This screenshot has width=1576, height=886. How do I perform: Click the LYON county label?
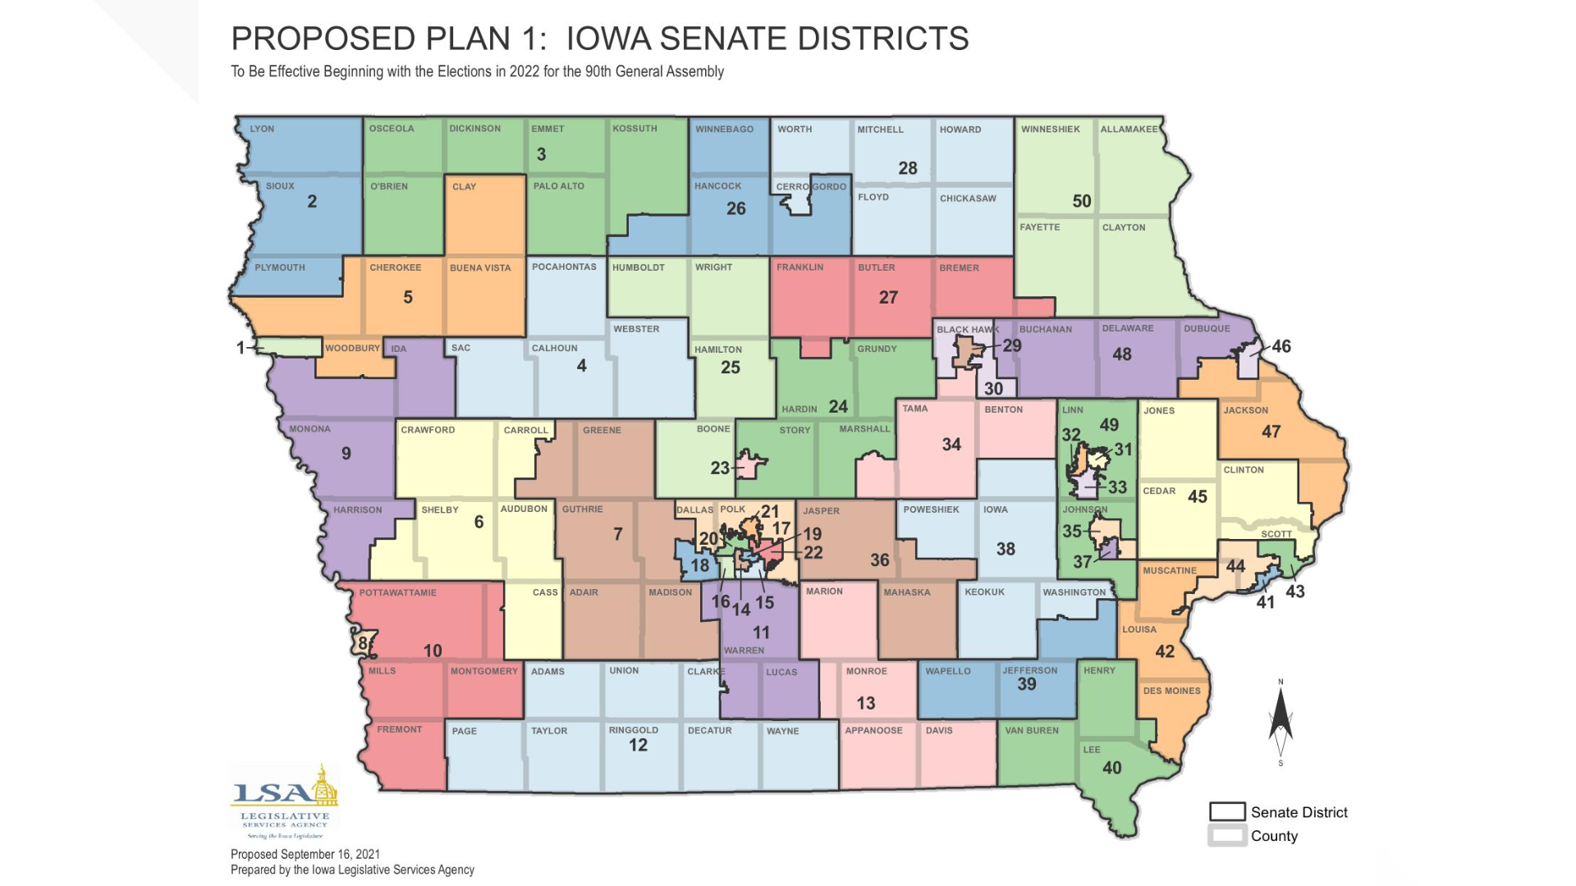pos(262,129)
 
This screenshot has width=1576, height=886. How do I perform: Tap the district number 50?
pos(1081,201)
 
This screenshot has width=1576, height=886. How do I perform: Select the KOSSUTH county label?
pos(634,129)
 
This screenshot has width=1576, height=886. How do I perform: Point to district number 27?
pos(888,297)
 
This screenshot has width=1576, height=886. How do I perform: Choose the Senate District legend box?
pos(1227,811)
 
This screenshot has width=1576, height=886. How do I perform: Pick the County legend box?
pos(1227,836)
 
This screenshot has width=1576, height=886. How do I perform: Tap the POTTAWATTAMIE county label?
pos(397,592)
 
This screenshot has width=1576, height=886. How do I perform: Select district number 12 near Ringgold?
pos(638,745)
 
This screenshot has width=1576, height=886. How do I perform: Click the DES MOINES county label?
pos(1171,691)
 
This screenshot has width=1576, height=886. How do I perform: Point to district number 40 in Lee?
pos(1111,768)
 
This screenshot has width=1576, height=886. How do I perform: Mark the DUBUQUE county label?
pos(1206,329)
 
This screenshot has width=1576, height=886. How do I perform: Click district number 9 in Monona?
pos(346,454)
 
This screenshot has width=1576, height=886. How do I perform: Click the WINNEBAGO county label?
pos(724,129)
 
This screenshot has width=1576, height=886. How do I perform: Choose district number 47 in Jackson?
pos(1271,432)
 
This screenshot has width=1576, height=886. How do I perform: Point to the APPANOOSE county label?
pos(873,730)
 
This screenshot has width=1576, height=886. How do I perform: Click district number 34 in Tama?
pos(951,445)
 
